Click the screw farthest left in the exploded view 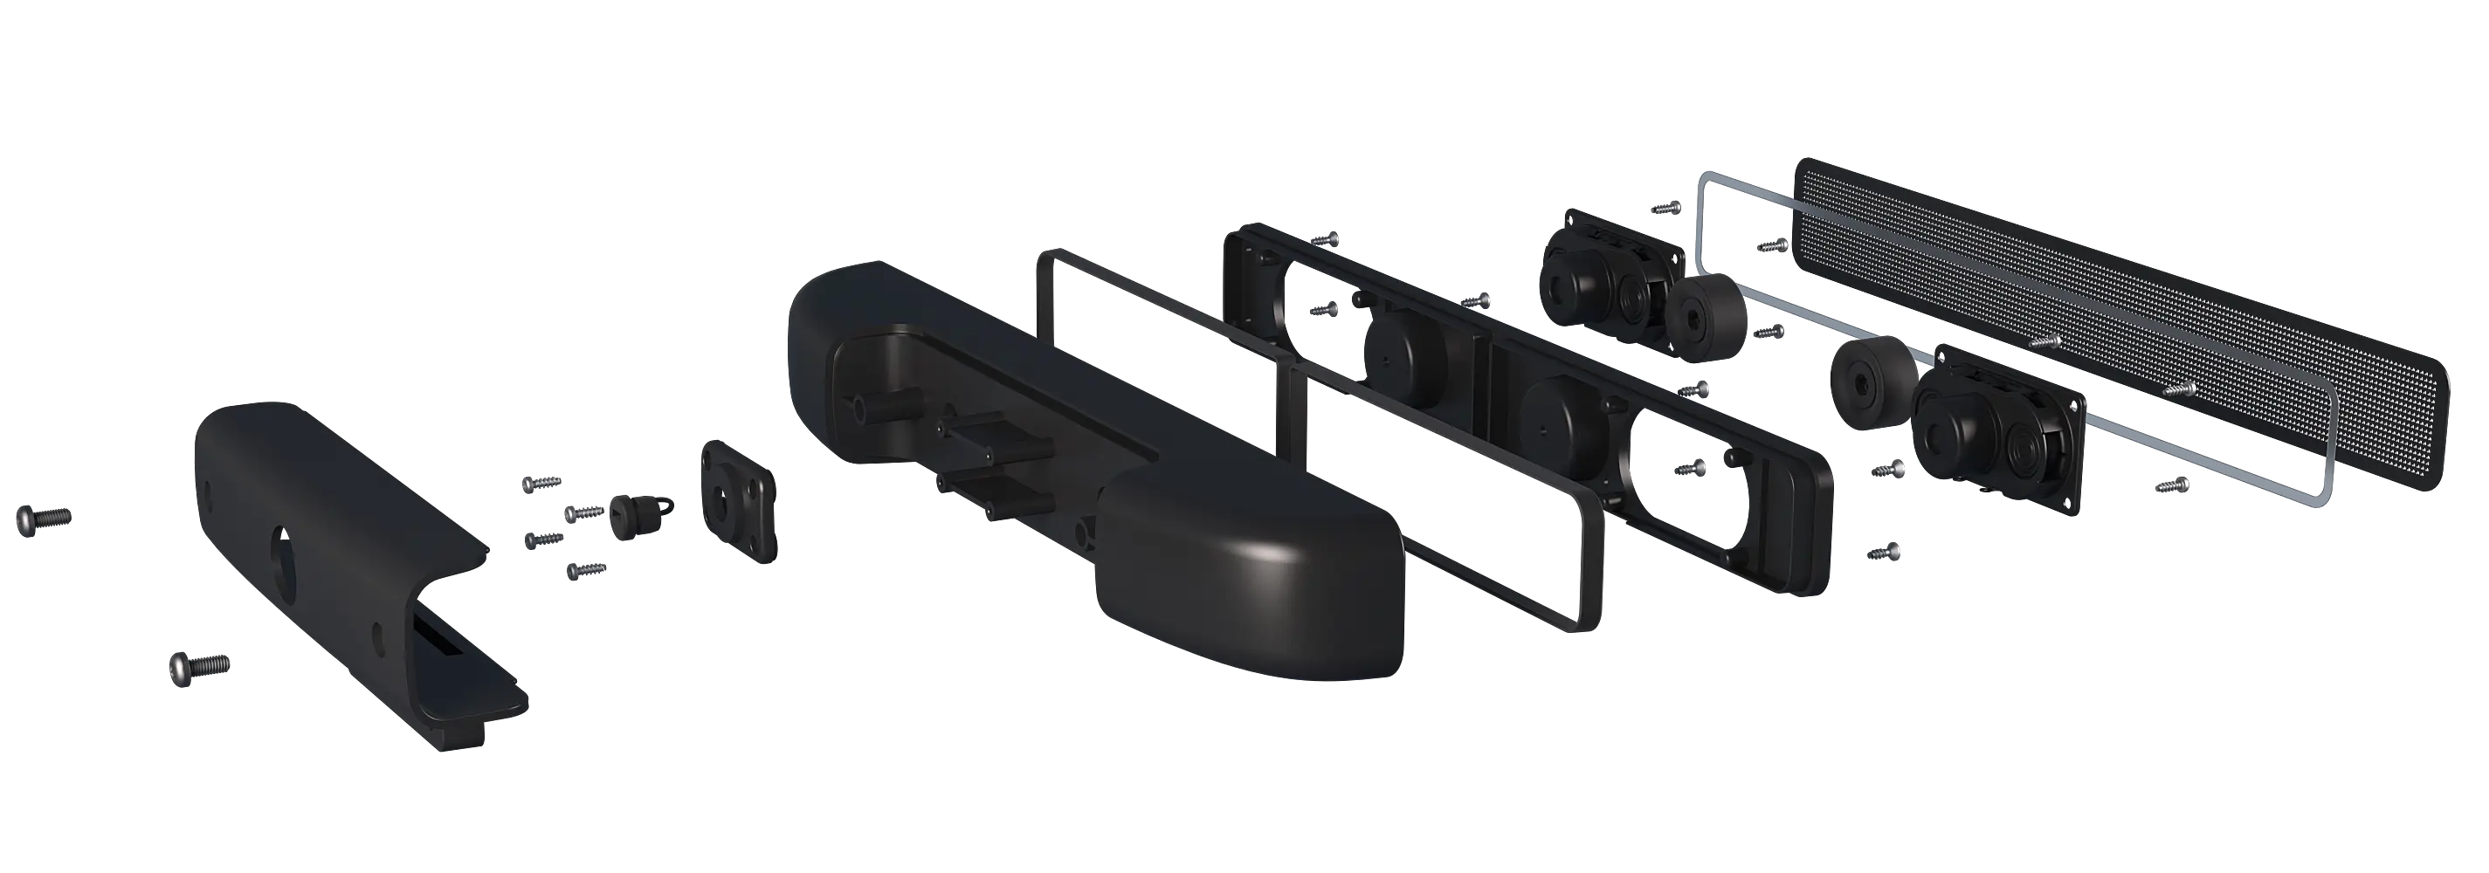tap(43, 519)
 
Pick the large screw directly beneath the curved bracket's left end tap(199, 665)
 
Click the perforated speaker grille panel tap(2116, 319)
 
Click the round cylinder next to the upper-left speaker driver tap(1706, 319)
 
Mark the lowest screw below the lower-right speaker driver tap(1884, 553)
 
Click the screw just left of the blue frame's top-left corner tap(1666, 207)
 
